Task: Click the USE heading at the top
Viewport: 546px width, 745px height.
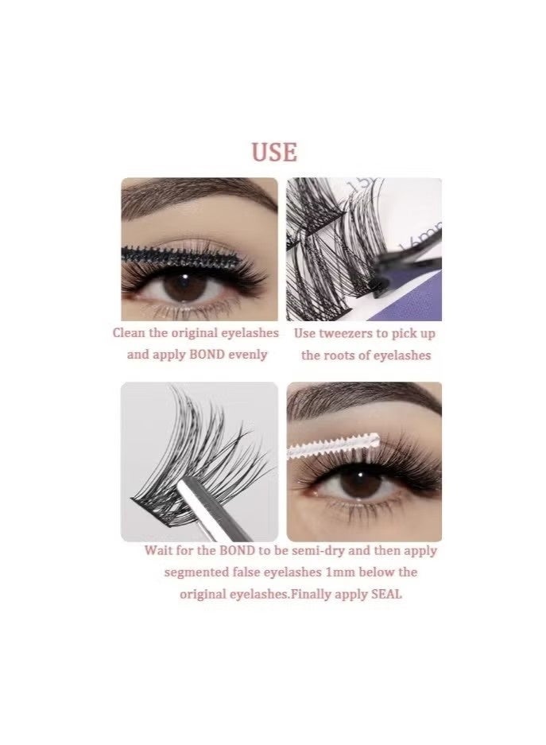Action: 274,152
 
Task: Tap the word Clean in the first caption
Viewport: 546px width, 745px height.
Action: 130,334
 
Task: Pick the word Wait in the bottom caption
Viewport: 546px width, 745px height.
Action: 160,551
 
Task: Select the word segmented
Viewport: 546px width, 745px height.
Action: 197,572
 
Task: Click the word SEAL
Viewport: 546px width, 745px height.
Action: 386,594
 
